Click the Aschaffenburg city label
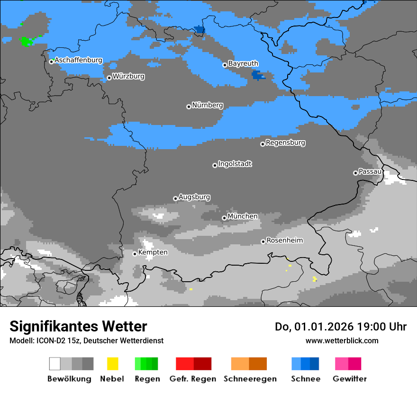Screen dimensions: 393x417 [78, 60]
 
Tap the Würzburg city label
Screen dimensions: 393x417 [128, 76]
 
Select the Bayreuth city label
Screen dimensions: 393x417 [243, 63]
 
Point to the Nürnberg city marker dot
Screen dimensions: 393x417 [189, 107]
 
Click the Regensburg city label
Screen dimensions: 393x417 [285, 143]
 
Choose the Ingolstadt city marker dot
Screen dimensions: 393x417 [215, 165]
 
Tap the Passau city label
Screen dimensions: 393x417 [370, 171]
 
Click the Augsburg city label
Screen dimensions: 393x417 [194, 197]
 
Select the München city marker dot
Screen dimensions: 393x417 [224, 218]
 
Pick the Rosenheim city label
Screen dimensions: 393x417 [284, 241]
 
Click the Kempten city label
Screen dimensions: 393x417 [153, 252]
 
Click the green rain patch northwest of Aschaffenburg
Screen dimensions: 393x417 [27, 41]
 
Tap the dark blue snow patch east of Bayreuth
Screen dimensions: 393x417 [258, 75]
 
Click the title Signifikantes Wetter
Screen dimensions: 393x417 [78, 327]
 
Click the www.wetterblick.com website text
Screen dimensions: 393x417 [342, 340]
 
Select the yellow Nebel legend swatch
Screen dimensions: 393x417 [112, 364]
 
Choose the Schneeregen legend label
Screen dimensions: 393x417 [250, 379]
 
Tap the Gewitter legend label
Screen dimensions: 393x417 [349, 379]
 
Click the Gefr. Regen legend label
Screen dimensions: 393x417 [193, 379]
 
